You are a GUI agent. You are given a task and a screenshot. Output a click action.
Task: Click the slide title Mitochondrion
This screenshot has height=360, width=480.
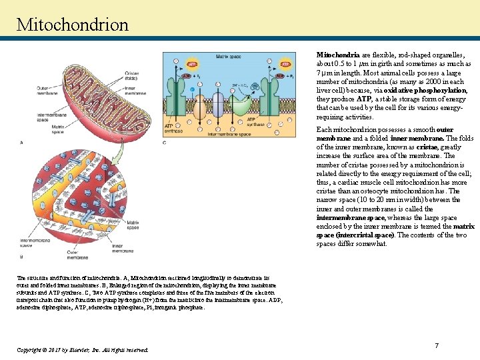click(x=72, y=25)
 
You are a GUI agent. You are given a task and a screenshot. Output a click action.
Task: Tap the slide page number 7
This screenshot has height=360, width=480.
click(x=436, y=345)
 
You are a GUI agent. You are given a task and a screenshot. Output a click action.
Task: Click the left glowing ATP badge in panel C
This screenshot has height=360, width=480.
click(x=191, y=65)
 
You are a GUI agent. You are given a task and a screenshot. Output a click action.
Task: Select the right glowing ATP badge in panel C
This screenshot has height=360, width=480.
click(x=286, y=65)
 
